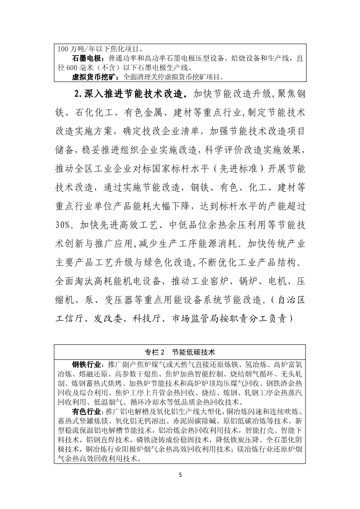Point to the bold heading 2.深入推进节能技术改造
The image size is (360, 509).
[131, 94]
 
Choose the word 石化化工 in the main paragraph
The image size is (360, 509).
[96, 113]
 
